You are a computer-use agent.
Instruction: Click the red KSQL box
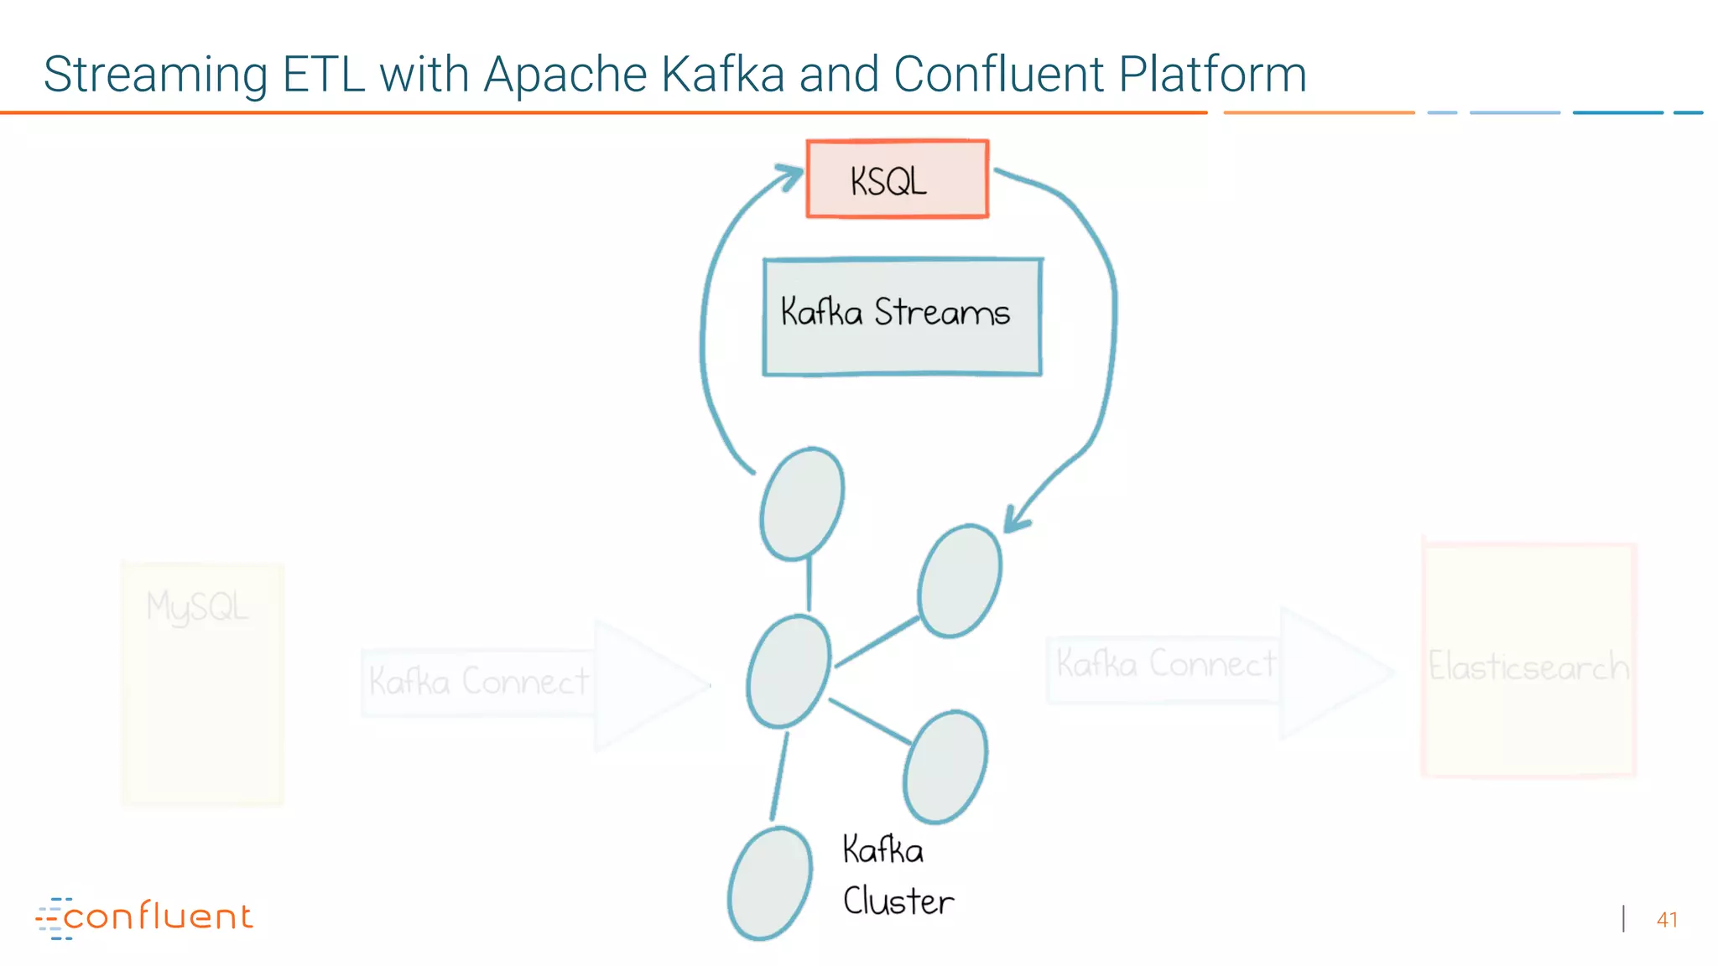tap(897, 179)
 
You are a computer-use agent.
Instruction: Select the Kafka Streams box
tap(902, 316)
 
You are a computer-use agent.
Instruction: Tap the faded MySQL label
tap(197, 606)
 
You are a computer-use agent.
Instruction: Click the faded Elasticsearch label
tap(1528, 667)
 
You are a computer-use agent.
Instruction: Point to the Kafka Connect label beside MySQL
tap(478, 682)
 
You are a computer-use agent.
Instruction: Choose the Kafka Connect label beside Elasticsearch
tap(1165, 665)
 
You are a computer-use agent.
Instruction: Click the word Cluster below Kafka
tap(898, 902)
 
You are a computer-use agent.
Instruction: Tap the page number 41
tap(1667, 920)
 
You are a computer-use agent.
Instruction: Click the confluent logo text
tap(157, 917)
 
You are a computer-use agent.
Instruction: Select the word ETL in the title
tap(323, 74)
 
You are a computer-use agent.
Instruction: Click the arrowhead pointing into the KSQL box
tap(789, 175)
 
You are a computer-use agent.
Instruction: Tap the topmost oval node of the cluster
tap(801, 504)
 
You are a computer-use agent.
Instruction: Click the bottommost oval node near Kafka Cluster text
tap(769, 884)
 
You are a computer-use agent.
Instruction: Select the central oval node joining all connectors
tap(789, 672)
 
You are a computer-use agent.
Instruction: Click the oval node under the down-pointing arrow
tap(959, 581)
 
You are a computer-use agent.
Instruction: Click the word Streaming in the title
tap(155, 74)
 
